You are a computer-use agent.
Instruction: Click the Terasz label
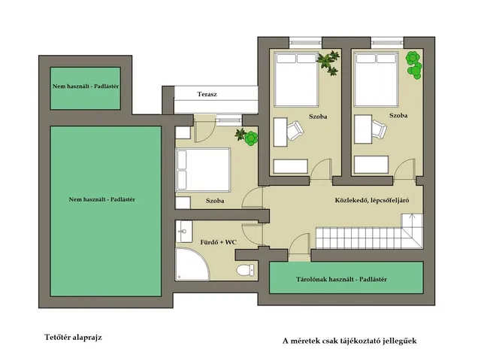click(207, 94)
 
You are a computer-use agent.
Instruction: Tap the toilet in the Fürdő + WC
click(246, 270)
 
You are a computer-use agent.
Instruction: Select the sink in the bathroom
click(184, 231)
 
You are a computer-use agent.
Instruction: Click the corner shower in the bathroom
click(192, 264)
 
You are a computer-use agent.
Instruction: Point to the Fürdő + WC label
click(219, 242)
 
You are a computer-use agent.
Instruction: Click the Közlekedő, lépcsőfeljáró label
click(372, 201)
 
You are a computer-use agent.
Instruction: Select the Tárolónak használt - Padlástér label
click(341, 279)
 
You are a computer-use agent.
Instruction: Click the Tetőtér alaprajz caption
click(73, 338)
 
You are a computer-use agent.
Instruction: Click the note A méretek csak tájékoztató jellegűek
click(349, 341)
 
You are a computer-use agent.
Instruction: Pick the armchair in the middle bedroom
click(295, 130)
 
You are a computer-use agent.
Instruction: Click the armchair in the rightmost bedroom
click(378, 129)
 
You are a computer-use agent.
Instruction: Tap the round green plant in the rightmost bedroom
click(413, 65)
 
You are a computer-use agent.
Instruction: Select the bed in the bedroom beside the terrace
click(203, 170)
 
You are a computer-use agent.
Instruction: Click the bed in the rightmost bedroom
click(376, 79)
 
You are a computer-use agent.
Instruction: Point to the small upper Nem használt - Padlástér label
click(86, 86)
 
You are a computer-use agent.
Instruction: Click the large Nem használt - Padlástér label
click(102, 199)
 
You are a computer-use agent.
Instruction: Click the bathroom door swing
click(253, 234)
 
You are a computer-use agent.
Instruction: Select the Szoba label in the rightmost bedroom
click(398, 115)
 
